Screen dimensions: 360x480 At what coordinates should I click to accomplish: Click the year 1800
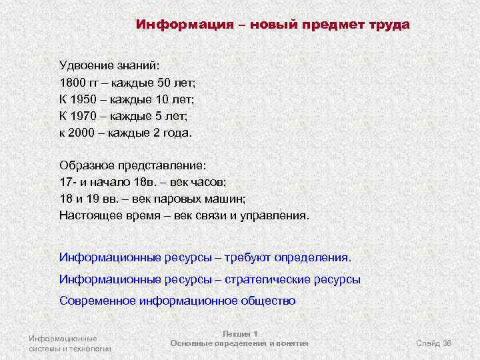(x=73, y=83)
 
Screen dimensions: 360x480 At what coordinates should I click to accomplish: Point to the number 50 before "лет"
(x=163, y=83)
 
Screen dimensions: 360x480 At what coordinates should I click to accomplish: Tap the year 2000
(x=83, y=132)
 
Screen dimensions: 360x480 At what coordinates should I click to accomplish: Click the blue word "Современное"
(x=97, y=300)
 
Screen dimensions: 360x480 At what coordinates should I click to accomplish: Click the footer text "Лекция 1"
(x=239, y=333)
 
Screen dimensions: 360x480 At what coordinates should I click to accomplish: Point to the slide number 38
(x=447, y=343)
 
